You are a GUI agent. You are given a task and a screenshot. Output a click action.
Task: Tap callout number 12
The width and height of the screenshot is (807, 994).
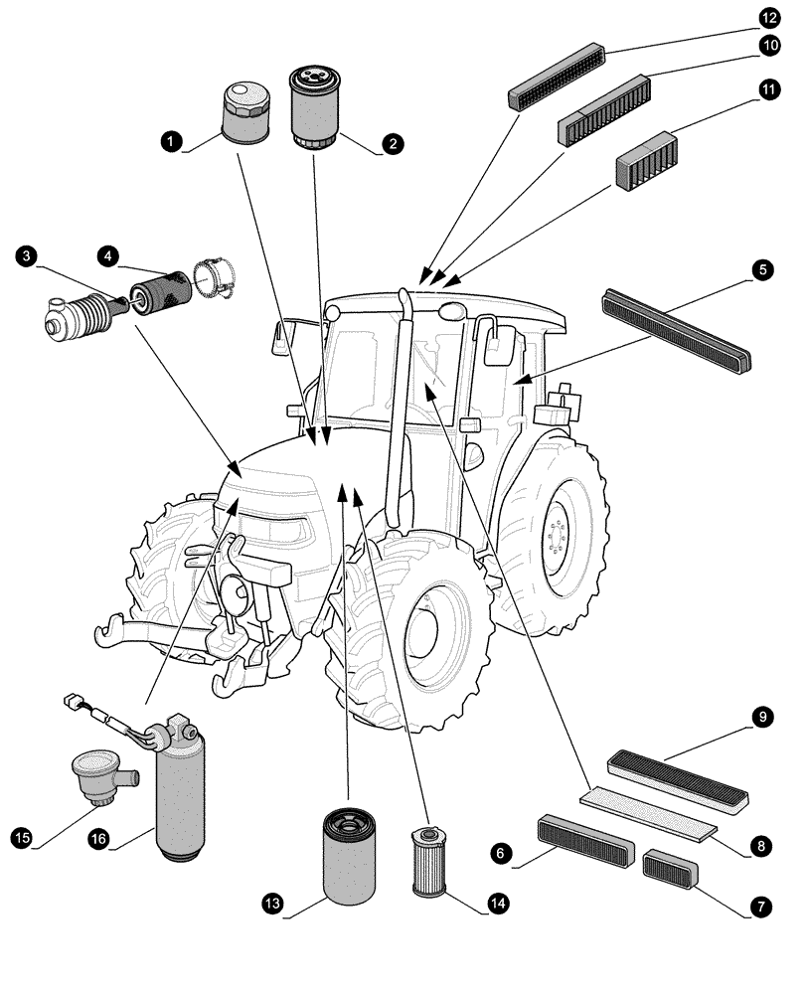pyautogui.click(x=769, y=18)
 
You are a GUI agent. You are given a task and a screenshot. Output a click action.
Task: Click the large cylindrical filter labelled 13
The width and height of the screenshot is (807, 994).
pyautogui.click(x=349, y=856)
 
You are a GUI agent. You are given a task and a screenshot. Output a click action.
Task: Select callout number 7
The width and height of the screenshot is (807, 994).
pyautogui.click(x=761, y=907)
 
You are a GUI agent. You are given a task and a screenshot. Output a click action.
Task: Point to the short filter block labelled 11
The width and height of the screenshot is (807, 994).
pyautogui.click(x=646, y=162)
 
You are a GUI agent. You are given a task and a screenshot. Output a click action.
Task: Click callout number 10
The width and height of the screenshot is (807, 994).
pyautogui.click(x=769, y=46)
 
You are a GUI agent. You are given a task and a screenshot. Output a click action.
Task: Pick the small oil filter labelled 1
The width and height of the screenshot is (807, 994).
pyautogui.click(x=243, y=112)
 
